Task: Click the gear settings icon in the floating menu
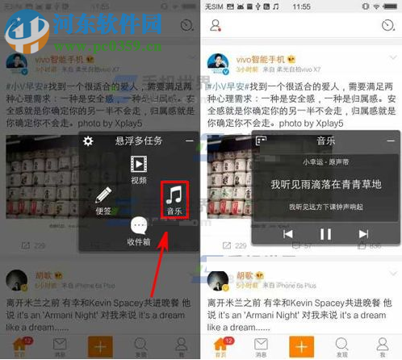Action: click(x=89, y=141)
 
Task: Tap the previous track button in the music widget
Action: click(x=288, y=234)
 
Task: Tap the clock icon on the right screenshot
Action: click(x=387, y=26)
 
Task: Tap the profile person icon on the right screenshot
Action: click(x=216, y=26)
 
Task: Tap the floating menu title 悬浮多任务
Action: click(x=138, y=141)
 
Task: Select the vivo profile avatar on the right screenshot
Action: click(x=222, y=65)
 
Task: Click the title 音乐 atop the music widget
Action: click(x=325, y=140)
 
